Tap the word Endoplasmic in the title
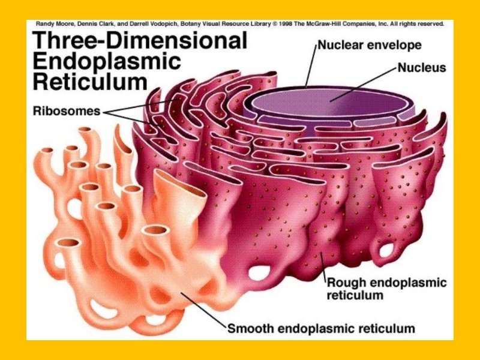pyautogui.click(x=105, y=61)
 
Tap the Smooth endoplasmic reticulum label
pyautogui.click(x=321, y=328)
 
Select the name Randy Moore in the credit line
pyautogui.click(x=54, y=25)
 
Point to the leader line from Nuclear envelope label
pyautogui.click(x=310, y=66)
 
